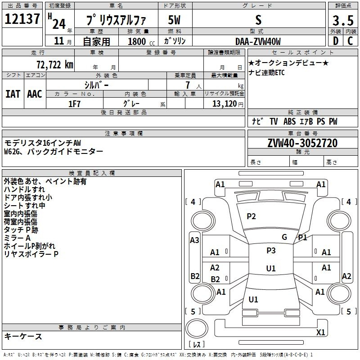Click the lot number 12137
tap(22, 19)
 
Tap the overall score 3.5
tap(343, 21)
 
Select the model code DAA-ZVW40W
tap(258, 41)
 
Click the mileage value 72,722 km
tap(55, 65)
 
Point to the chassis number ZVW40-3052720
tap(302, 143)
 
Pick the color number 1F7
tap(74, 104)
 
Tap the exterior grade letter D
tap(336, 41)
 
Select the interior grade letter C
tap(350, 41)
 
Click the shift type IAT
tap(13, 94)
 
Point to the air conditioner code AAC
tap(35, 94)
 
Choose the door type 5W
tap(174, 20)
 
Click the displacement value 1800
tap(137, 41)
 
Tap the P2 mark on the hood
tap(251, 216)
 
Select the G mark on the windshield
tap(284, 237)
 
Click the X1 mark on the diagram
tap(320, 332)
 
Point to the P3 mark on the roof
tap(271, 251)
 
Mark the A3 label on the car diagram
tap(194, 240)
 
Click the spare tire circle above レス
tap(197, 328)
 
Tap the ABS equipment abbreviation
tap(289, 121)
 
